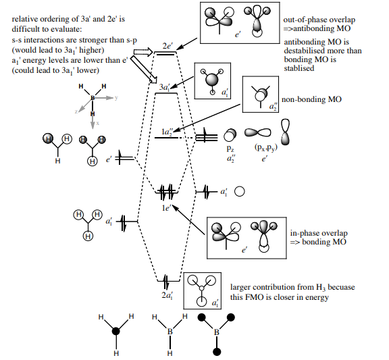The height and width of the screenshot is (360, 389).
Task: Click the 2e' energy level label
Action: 167,46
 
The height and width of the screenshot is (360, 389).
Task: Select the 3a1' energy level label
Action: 165,87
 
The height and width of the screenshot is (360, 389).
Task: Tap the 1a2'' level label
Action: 167,132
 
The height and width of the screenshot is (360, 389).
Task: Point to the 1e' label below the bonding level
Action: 166,208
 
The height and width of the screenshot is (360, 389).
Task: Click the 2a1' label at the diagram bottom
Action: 167,295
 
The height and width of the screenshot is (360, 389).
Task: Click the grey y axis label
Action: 116,97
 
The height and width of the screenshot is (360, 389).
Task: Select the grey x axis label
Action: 97,123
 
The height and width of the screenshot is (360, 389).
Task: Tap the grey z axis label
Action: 76,111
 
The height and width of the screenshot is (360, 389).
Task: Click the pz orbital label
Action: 230,149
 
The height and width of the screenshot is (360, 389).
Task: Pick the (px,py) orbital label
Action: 265,147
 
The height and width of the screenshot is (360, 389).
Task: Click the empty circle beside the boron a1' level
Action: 239,192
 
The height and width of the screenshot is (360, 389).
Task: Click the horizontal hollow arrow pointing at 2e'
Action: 143,52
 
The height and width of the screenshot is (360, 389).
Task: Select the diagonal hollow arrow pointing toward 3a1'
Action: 144,70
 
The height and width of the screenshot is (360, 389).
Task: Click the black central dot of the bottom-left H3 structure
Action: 116,331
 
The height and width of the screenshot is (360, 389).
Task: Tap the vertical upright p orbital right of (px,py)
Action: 285,132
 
